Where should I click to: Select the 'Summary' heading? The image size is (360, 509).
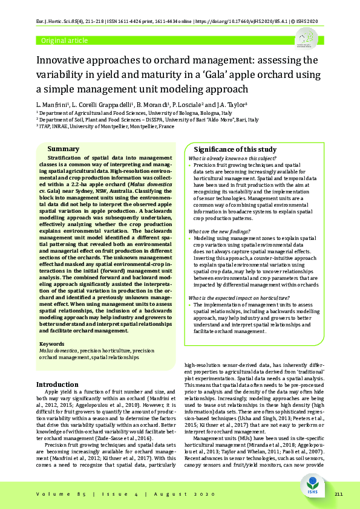click(x=63, y=149)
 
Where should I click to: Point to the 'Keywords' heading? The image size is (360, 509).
click(x=51, y=344)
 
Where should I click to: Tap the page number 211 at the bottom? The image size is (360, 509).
click(x=338, y=494)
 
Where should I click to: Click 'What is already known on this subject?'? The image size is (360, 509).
click(x=232, y=158)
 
